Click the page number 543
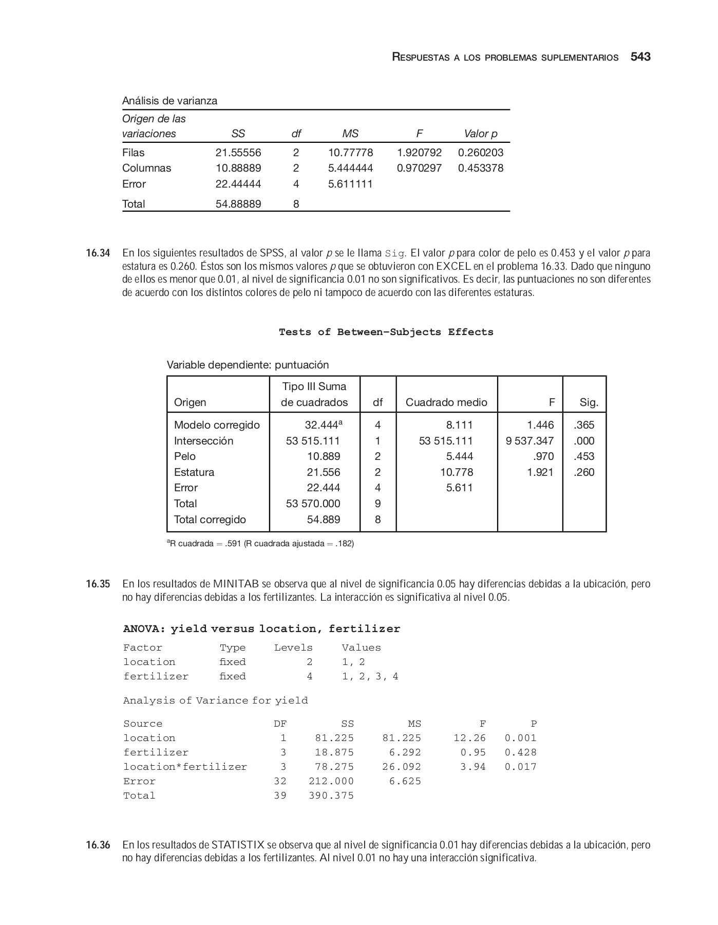[x=640, y=57]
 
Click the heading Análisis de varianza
[x=169, y=101]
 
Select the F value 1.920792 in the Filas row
[x=419, y=153]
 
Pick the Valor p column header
[x=481, y=134]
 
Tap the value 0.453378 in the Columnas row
[x=481, y=168]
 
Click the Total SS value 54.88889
[x=238, y=204]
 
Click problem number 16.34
[x=98, y=253]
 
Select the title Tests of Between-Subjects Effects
[x=386, y=332]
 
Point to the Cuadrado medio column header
[x=446, y=402]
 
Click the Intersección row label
[x=203, y=441]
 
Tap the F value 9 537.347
[x=530, y=441]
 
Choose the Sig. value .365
[x=584, y=425]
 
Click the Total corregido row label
[x=210, y=520]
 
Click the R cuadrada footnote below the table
[x=260, y=544]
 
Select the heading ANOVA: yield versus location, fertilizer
[x=261, y=629]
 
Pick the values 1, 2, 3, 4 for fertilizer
[x=370, y=676]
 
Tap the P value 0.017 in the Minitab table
[x=520, y=767]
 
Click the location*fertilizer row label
[x=185, y=767]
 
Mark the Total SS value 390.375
[x=331, y=795]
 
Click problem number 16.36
[x=98, y=845]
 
